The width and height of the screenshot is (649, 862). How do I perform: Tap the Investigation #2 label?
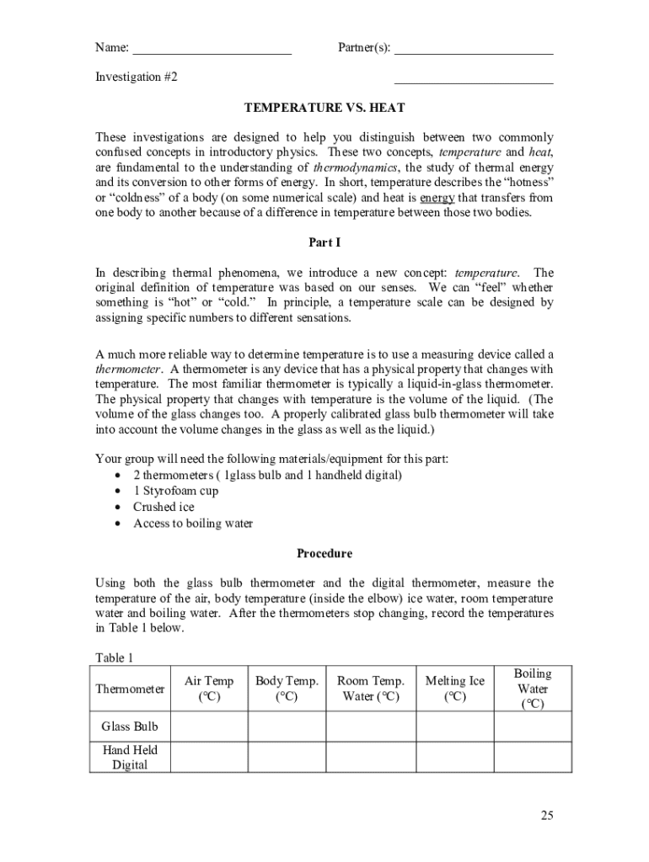click(136, 77)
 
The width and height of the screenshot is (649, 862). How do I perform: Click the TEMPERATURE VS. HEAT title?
click(324, 108)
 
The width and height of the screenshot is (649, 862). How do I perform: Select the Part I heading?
click(324, 242)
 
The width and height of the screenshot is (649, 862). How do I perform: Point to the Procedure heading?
click(324, 554)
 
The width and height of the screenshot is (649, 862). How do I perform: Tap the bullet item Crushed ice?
click(164, 507)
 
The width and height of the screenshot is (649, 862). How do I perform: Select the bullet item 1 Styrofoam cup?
click(175, 491)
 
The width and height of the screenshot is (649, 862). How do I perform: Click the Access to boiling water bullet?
click(192, 523)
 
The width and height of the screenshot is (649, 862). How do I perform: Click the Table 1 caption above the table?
click(114, 657)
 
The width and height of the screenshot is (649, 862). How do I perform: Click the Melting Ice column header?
click(454, 689)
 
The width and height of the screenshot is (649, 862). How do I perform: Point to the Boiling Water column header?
click(533, 689)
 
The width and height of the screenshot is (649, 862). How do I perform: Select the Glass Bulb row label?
click(130, 726)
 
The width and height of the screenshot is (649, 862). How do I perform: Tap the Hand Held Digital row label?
click(130, 758)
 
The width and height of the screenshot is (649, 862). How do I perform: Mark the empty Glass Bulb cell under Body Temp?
click(287, 726)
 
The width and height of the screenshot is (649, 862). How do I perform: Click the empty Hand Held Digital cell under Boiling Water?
click(533, 758)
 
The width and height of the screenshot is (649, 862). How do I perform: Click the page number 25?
click(547, 815)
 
